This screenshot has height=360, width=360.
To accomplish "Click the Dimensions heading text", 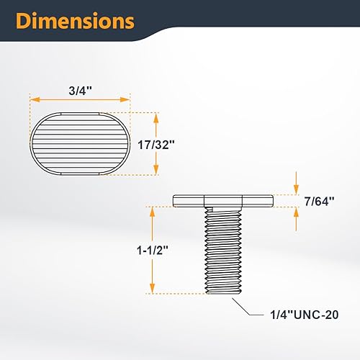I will pyautogui.click(x=76, y=21).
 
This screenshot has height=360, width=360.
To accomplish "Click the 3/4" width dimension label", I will pyautogui.click(x=79, y=92).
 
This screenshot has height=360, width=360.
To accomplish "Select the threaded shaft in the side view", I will pyautogui.click(x=223, y=248).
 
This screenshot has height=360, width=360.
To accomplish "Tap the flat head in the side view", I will pyautogui.click(x=223, y=199).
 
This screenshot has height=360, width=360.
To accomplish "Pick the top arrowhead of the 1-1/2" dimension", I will pyautogui.click(x=151, y=210).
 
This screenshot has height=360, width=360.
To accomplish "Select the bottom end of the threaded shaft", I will pyautogui.click(x=223, y=292).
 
